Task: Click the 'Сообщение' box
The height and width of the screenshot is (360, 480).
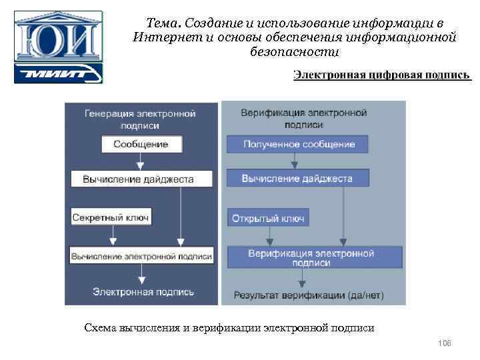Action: click(140, 144)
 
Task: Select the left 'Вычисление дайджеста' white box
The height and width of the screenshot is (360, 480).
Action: click(141, 179)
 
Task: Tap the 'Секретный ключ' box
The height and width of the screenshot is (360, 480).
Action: click(111, 217)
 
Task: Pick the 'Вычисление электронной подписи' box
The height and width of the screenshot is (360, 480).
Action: click(141, 255)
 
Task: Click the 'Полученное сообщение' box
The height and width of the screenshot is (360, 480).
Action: click(299, 144)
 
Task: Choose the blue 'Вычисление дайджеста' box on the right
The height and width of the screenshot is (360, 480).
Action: click(297, 179)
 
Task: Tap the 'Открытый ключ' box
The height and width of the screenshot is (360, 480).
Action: click(269, 218)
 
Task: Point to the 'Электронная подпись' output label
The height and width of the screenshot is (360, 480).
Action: click(143, 292)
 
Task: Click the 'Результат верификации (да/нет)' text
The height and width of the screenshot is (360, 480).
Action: click(309, 295)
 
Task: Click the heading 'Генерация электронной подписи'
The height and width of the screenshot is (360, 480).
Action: click(140, 119)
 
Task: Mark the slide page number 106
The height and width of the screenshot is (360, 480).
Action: click(445, 343)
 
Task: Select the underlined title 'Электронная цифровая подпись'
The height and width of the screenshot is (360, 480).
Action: click(382, 74)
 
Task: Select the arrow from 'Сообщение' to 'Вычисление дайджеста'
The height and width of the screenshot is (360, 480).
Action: click(139, 161)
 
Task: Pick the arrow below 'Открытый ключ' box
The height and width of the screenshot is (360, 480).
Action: click(269, 235)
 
